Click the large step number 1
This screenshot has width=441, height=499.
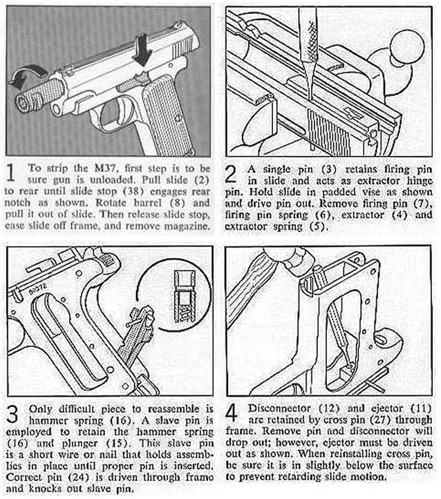pos(12,171)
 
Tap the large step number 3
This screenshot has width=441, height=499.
pos(12,413)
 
